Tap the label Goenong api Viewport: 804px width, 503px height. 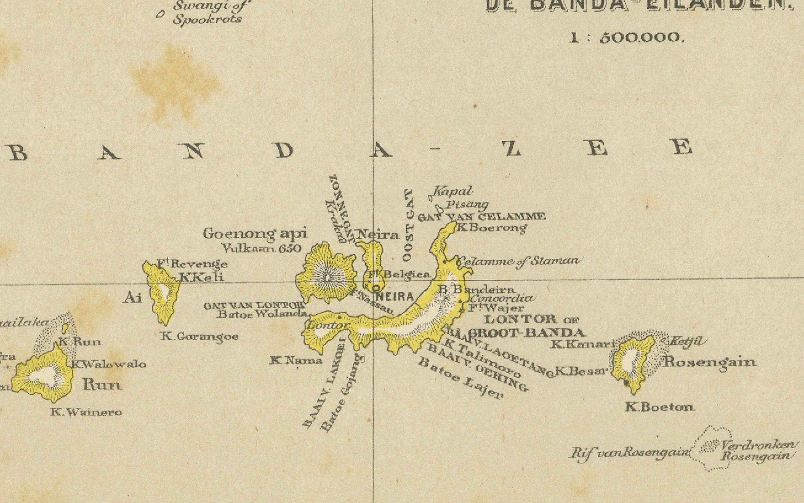[255, 234]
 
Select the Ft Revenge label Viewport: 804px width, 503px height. [192, 264]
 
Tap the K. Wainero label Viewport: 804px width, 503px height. [86, 413]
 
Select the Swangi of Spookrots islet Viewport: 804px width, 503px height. [161, 14]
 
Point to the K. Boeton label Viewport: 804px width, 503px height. [659, 408]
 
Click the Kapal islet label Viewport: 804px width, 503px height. [452, 192]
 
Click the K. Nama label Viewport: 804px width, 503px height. [296, 360]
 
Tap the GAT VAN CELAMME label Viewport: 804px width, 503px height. [481, 217]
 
